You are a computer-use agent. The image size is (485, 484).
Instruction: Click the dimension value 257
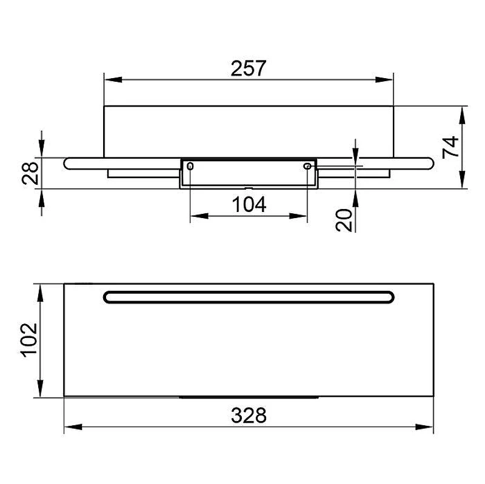[x=249, y=68]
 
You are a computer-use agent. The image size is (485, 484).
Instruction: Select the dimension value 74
[x=450, y=147]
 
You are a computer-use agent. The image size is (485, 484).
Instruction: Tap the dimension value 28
[x=30, y=173]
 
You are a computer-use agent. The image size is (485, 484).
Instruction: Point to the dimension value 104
[x=249, y=204]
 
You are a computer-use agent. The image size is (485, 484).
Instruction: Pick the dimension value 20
[x=344, y=220]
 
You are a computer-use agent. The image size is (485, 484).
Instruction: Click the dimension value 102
[x=29, y=340]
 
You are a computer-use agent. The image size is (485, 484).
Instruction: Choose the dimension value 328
[x=249, y=416]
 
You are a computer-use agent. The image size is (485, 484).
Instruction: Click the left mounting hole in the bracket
[x=190, y=166]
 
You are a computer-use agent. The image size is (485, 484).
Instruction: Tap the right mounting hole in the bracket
[x=307, y=166]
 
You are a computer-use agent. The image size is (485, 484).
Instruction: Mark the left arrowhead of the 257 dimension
[x=113, y=79]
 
